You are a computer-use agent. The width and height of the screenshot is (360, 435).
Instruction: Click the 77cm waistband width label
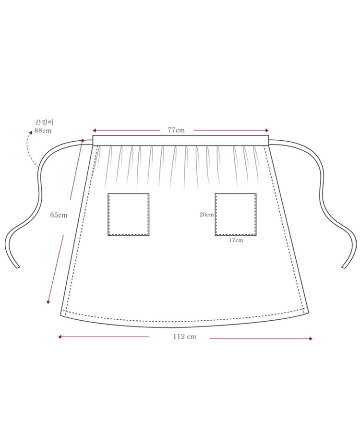(176, 130)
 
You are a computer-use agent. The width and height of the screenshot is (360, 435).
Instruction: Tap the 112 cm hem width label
(184, 337)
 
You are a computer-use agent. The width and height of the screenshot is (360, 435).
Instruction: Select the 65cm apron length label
(59, 215)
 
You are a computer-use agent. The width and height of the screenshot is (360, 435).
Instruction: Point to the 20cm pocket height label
(206, 215)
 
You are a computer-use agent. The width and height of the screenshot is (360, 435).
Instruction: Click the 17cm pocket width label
(236, 240)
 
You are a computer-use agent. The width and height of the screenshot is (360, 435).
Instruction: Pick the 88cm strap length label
(43, 131)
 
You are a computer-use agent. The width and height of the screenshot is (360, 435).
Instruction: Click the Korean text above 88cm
(44, 122)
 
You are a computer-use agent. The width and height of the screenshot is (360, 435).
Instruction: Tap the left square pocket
(129, 215)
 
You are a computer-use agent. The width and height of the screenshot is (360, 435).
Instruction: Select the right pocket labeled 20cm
(236, 215)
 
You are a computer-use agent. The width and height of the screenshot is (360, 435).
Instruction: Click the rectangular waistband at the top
(181, 140)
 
